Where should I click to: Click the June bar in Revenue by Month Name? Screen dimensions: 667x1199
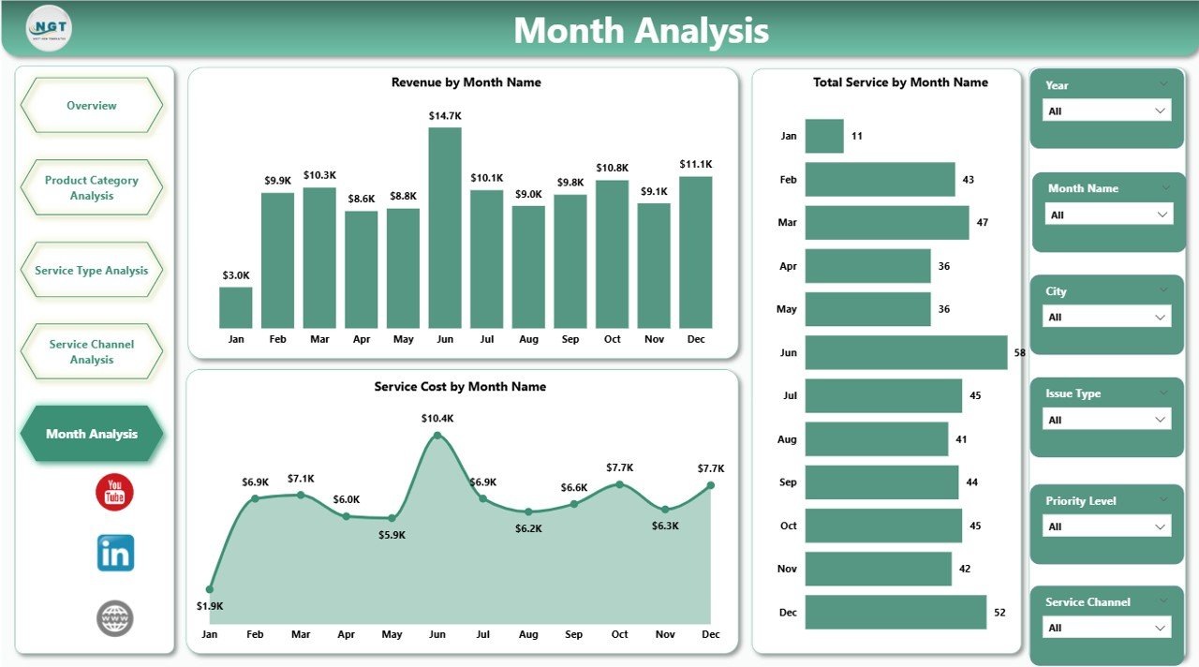[x=445, y=228]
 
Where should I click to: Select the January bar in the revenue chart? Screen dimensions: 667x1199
[x=236, y=307]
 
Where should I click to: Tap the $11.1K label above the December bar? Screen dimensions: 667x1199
[x=696, y=164]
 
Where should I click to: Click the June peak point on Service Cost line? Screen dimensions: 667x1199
[x=437, y=436]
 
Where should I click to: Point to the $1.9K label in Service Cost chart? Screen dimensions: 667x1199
[x=210, y=606]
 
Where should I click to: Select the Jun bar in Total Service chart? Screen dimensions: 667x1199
[x=906, y=352]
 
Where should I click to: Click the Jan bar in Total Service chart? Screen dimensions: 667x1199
[x=824, y=136]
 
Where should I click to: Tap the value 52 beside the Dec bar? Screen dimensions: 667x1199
[x=999, y=613]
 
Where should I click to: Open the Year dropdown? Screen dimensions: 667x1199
[x=1106, y=111]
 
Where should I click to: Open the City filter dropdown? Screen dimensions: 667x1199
[x=1106, y=317]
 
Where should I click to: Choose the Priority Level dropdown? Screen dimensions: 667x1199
[x=1106, y=526]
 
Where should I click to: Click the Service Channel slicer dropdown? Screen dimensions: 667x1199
[x=1106, y=628]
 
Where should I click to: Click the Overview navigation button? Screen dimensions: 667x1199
[x=92, y=106]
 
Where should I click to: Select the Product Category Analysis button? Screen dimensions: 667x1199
[x=92, y=187]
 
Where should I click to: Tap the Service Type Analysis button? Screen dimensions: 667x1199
[x=92, y=271]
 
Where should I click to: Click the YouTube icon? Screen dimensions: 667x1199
[x=115, y=492]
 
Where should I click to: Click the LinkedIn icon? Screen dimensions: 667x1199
[x=115, y=554]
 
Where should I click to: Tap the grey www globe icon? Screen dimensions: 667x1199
[x=115, y=618]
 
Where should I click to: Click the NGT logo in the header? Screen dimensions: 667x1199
[x=50, y=28]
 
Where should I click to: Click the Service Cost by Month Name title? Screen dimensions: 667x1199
[x=460, y=386]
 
